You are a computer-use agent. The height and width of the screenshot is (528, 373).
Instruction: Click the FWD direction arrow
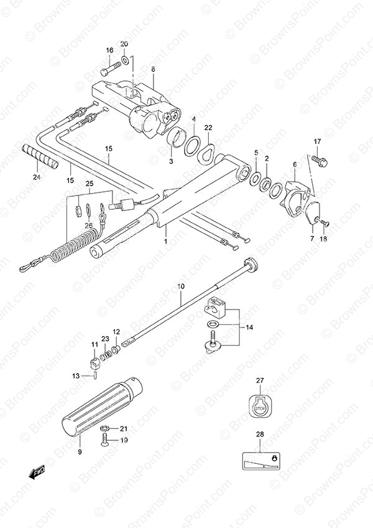click(36, 474)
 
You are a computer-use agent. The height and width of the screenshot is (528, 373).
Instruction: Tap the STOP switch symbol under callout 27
click(260, 407)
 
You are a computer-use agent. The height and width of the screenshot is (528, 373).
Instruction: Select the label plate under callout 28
click(260, 461)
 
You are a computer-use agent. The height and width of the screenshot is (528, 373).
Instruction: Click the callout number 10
click(181, 286)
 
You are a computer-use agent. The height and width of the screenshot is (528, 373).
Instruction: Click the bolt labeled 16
click(111, 68)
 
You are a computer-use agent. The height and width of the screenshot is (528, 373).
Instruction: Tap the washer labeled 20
click(124, 60)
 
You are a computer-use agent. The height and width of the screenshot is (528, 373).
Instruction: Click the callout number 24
click(37, 177)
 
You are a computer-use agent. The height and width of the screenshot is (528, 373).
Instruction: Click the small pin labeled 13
click(95, 376)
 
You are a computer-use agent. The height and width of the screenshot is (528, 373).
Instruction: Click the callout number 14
click(249, 327)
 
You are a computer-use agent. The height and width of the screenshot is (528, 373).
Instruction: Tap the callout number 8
click(153, 69)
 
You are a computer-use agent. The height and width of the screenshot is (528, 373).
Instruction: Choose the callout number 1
click(165, 241)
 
